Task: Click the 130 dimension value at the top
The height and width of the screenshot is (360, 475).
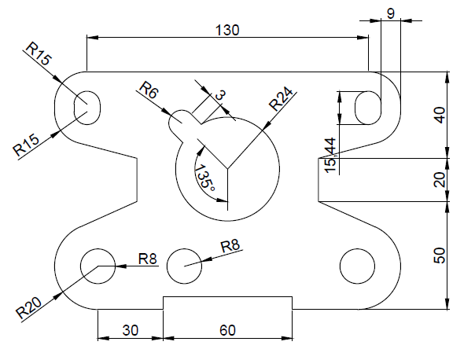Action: [x=227, y=29]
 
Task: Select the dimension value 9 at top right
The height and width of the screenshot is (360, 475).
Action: [x=391, y=13]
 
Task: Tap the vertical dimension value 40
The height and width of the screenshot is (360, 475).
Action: [x=440, y=115]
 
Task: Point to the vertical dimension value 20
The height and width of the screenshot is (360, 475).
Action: [x=440, y=179]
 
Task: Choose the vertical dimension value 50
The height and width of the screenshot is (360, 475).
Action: [x=440, y=255]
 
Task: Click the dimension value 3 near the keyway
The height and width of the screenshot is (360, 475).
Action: [x=220, y=95]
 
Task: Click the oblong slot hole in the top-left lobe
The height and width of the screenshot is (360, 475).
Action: [x=87, y=106]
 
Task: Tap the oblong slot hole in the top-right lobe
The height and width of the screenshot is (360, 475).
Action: [x=366, y=107]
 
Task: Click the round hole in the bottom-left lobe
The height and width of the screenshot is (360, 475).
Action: [x=98, y=266]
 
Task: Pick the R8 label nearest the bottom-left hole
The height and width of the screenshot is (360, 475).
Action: [x=147, y=258]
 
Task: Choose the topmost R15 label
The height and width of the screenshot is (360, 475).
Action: [x=38, y=54]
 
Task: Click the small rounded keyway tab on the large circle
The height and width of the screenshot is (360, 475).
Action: [x=182, y=122]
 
